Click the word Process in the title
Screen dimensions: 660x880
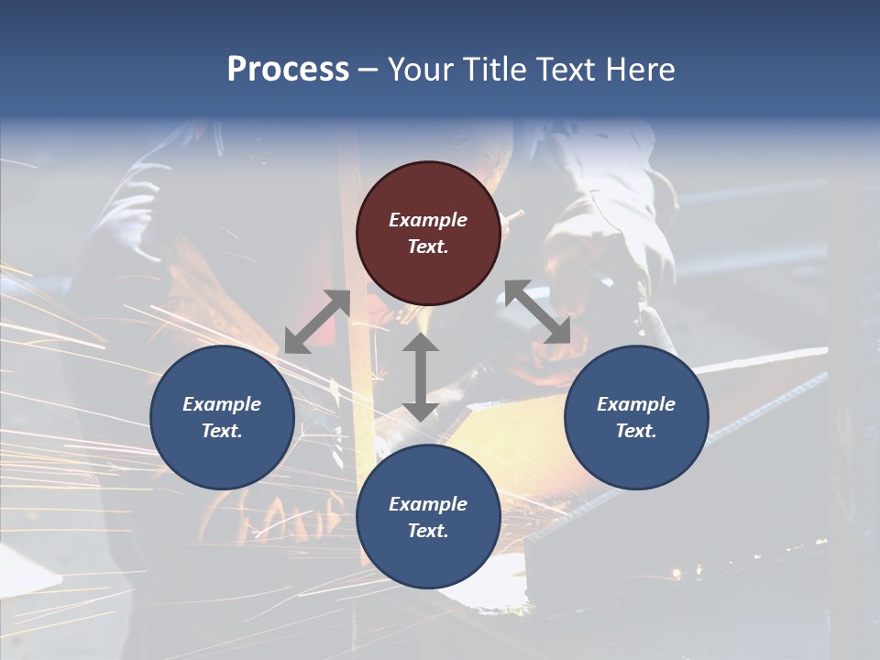point(288,70)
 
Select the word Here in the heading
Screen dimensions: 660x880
point(640,70)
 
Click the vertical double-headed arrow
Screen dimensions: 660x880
point(421,377)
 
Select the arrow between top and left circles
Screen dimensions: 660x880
point(317,322)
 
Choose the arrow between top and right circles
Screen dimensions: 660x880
point(538,313)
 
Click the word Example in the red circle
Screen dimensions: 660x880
point(428,220)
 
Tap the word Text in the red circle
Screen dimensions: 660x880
point(428,247)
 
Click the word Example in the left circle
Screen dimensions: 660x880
point(222,404)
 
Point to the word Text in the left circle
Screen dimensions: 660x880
point(222,431)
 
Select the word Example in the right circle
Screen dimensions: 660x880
point(636,404)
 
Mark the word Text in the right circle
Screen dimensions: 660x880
point(636,431)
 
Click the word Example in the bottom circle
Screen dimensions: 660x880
point(428,504)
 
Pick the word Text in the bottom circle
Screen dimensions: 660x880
point(428,531)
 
